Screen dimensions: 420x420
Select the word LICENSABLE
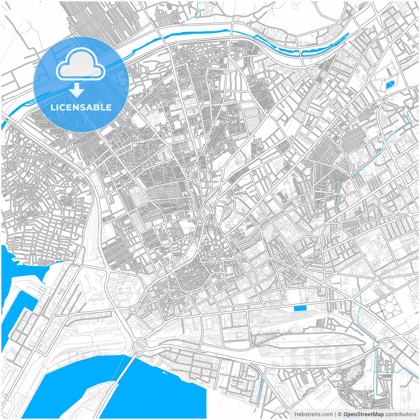81,107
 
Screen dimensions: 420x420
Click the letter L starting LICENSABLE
52,107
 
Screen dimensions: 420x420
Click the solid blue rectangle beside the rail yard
300,308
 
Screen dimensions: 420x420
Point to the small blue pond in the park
389,85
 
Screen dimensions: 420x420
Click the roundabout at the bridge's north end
140,344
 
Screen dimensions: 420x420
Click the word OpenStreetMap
363,414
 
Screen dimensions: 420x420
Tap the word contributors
400,414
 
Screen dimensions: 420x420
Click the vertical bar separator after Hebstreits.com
335,414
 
